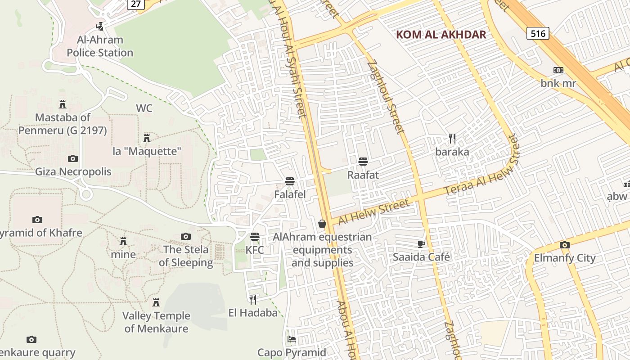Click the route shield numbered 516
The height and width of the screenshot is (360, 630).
(x=538, y=33)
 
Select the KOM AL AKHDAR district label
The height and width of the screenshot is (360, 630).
(x=441, y=35)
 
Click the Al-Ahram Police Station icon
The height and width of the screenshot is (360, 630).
(x=100, y=27)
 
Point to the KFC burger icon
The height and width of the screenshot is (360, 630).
(x=255, y=237)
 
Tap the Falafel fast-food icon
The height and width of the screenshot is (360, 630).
(x=290, y=181)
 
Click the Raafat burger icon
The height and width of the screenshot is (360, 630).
(x=363, y=162)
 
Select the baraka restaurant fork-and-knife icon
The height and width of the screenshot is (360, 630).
(x=452, y=139)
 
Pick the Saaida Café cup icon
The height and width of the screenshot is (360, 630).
(x=421, y=244)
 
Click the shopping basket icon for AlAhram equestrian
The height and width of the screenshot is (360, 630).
(x=322, y=224)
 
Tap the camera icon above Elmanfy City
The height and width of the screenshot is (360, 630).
(x=565, y=245)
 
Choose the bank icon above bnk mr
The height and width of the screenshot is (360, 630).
(x=558, y=70)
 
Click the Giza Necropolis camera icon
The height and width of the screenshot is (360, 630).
(x=73, y=158)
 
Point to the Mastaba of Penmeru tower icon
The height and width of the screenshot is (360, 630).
(x=63, y=104)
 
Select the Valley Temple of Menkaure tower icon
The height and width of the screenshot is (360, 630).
(x=156, y=302)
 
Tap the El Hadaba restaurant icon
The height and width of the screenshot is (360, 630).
(x=253, y=299)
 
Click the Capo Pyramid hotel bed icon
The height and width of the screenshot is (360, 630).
(x=292, y=339)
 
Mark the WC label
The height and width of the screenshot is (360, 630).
(x=144, y=108)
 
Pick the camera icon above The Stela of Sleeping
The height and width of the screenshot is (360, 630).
(x=186, y=236)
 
